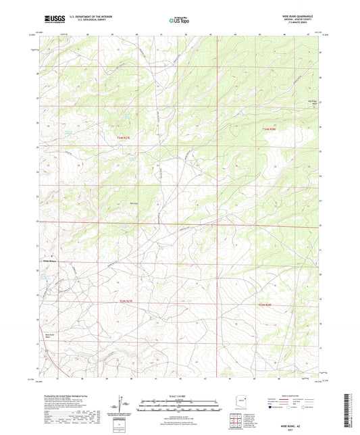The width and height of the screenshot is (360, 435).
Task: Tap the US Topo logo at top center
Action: (x=179, y=21)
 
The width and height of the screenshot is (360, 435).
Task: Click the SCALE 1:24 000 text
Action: (x=180, y=395)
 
